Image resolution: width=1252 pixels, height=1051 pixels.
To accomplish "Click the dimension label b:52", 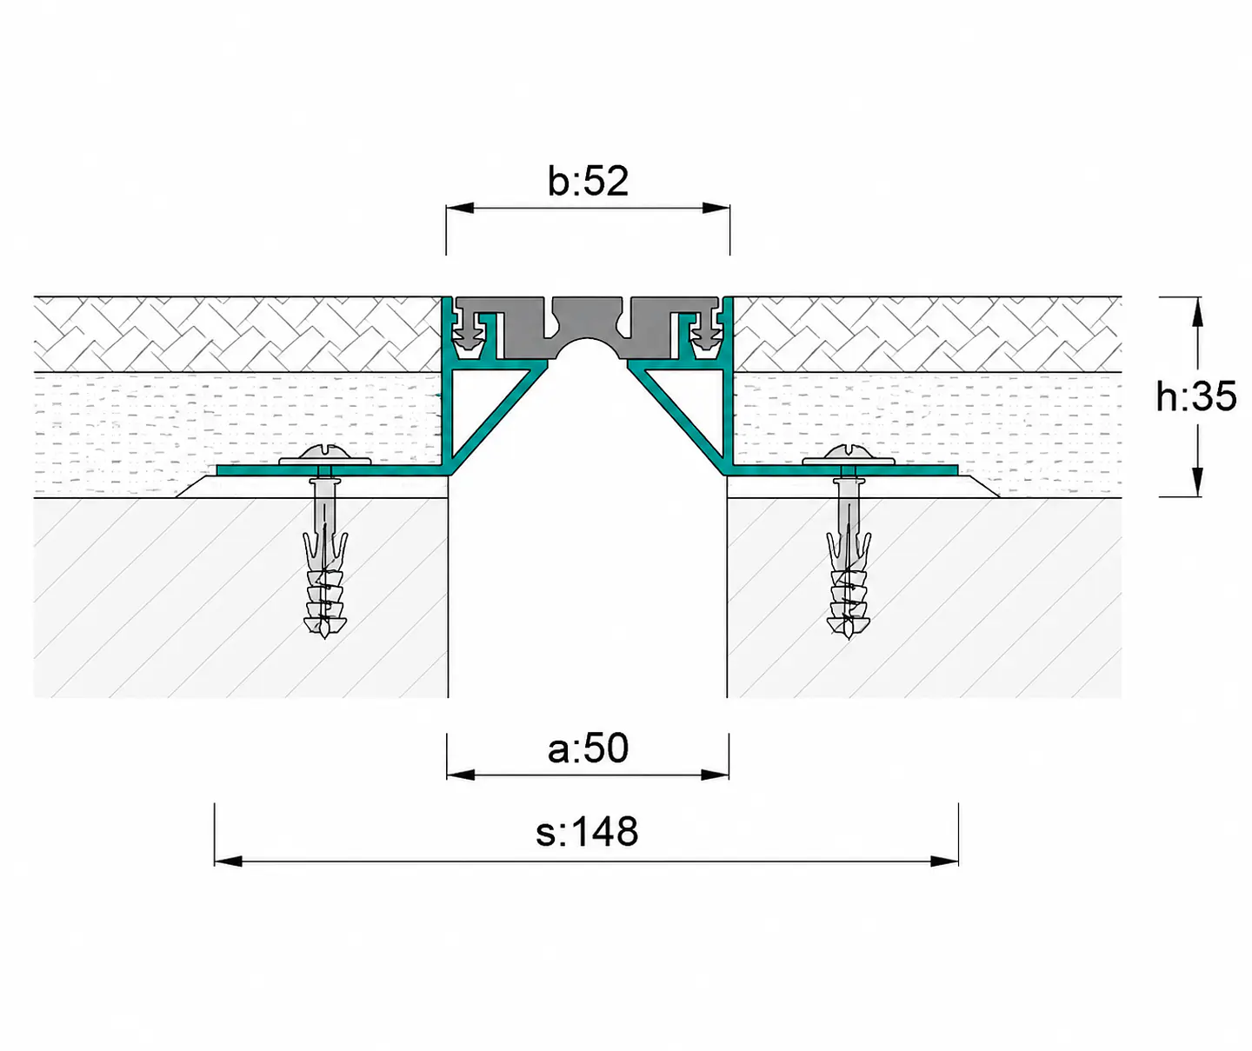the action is click(x=588, y=181).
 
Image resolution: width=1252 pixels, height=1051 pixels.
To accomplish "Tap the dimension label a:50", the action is click(x=588, y=748).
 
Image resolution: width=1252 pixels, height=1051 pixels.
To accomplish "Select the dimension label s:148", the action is click(x=586, y=832).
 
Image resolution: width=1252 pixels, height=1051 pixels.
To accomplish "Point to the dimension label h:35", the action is click(x=1195, y=396).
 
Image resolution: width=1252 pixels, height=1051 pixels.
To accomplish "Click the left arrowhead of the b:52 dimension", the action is click(x=460, y=208).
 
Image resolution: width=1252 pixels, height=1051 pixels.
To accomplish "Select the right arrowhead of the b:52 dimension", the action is click(x=716, y=208).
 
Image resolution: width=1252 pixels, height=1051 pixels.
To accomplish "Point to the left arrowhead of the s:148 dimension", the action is click(x=229, y=861).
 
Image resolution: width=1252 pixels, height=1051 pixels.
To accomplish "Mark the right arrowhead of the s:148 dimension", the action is click(x=944, y=861).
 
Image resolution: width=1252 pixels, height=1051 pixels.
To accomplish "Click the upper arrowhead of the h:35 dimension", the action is click(x=1197, y=312).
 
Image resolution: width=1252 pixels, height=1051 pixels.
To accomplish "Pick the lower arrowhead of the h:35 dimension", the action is click(x=1197, y=482).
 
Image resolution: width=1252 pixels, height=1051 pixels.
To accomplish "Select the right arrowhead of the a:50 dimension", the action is click(x=715, y=775).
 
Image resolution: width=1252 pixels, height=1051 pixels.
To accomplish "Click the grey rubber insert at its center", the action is click(x=588, y=318).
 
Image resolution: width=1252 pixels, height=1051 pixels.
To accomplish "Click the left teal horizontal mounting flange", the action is click(x=333, y=470).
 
